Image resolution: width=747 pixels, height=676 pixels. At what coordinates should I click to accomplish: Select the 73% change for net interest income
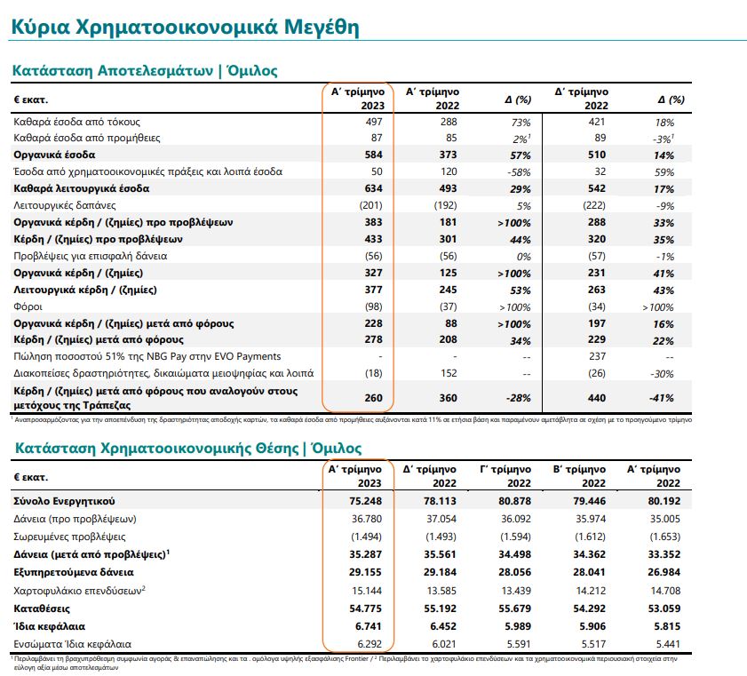(521, 121)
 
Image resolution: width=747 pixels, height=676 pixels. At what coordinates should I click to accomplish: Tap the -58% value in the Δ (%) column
(520, 171)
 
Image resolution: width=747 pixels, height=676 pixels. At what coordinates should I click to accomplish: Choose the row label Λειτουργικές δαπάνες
(63, 205)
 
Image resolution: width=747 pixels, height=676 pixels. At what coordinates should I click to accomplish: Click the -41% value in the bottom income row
(660, 397)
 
